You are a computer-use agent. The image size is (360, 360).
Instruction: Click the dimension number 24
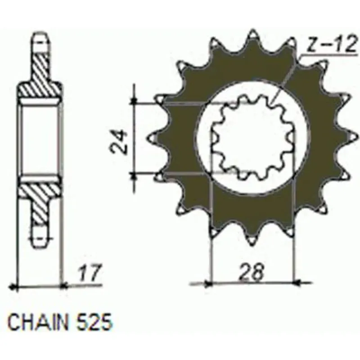click(119, 141)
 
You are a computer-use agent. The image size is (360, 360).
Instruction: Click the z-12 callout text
click(332, 44)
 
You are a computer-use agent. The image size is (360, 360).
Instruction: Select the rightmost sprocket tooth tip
click(358, 137)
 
